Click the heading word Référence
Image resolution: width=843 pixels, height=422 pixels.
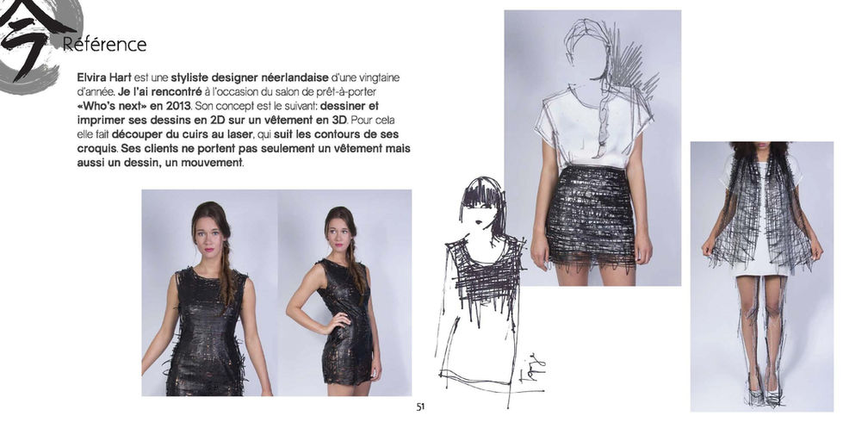click(104, 44)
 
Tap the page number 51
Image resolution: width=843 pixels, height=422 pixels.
click(420, 407)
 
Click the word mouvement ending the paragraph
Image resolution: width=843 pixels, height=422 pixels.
click(215, 163)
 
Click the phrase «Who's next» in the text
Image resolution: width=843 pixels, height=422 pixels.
click(107, 106)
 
